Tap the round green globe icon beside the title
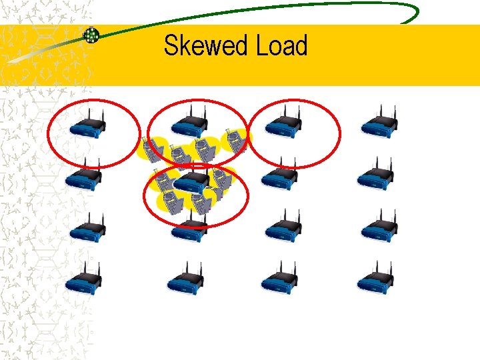(91, 35)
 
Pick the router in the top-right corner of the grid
(378, 125)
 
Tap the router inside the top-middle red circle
(189, 125)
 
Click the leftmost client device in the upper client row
(150, 150)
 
